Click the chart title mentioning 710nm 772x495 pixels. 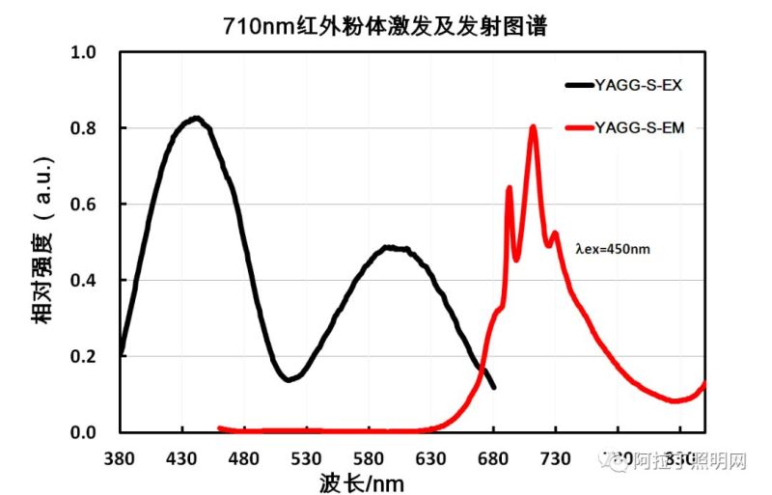click(385, 25)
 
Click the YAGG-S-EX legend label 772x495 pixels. click(639, 85)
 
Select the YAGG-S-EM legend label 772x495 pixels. click(639, 127)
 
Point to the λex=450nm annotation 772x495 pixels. click(613, 248)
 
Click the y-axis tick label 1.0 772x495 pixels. click(85, 52)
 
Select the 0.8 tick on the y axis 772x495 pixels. click(85, 128)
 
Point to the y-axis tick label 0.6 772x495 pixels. click(85, 205)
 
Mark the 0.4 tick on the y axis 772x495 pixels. click(85, 281)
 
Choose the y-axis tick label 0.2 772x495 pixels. click(85, 357)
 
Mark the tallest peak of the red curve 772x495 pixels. click(533, 126)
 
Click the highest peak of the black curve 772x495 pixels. click(196, 119)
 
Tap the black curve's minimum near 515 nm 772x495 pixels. click(289, 380)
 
